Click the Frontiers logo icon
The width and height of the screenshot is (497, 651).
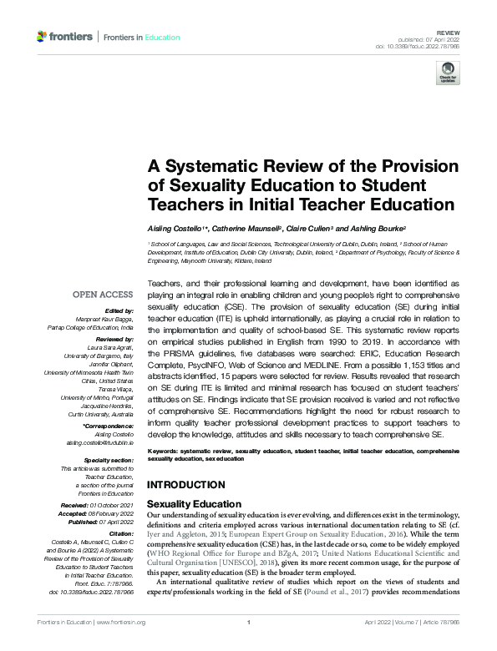coord(43,37)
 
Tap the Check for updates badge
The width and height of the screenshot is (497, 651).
coord(448,73)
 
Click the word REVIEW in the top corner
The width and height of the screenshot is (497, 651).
coord(449,30)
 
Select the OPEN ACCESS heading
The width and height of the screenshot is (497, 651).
coord(103,295)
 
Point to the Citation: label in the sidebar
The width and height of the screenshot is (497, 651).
coord(119,532)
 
